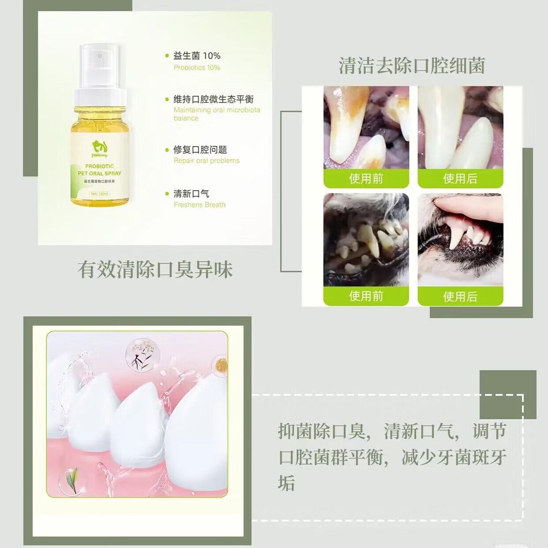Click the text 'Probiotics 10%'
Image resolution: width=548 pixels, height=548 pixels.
point(197,68)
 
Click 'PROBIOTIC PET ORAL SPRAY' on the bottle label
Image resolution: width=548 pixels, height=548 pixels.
point(99,170)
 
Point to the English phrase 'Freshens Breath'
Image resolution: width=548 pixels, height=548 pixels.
point(199,205)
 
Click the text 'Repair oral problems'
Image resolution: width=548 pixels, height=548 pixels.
point(206,161)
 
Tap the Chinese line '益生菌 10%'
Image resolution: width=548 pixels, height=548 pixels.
point(197,56)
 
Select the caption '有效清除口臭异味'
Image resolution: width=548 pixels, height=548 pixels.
point(155,270)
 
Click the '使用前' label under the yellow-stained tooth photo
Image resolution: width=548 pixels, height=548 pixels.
point(366,179)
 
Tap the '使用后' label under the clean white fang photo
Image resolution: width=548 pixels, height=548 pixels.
point(460,179)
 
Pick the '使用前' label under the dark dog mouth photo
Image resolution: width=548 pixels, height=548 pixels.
point(366,296)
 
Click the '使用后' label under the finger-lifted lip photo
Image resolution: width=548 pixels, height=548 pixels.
point(460,297)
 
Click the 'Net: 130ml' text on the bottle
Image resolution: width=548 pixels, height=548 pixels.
point(99,194)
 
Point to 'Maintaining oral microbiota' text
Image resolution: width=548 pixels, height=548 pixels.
point(217,110)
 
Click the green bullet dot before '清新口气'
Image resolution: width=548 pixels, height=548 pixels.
point(167,194)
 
